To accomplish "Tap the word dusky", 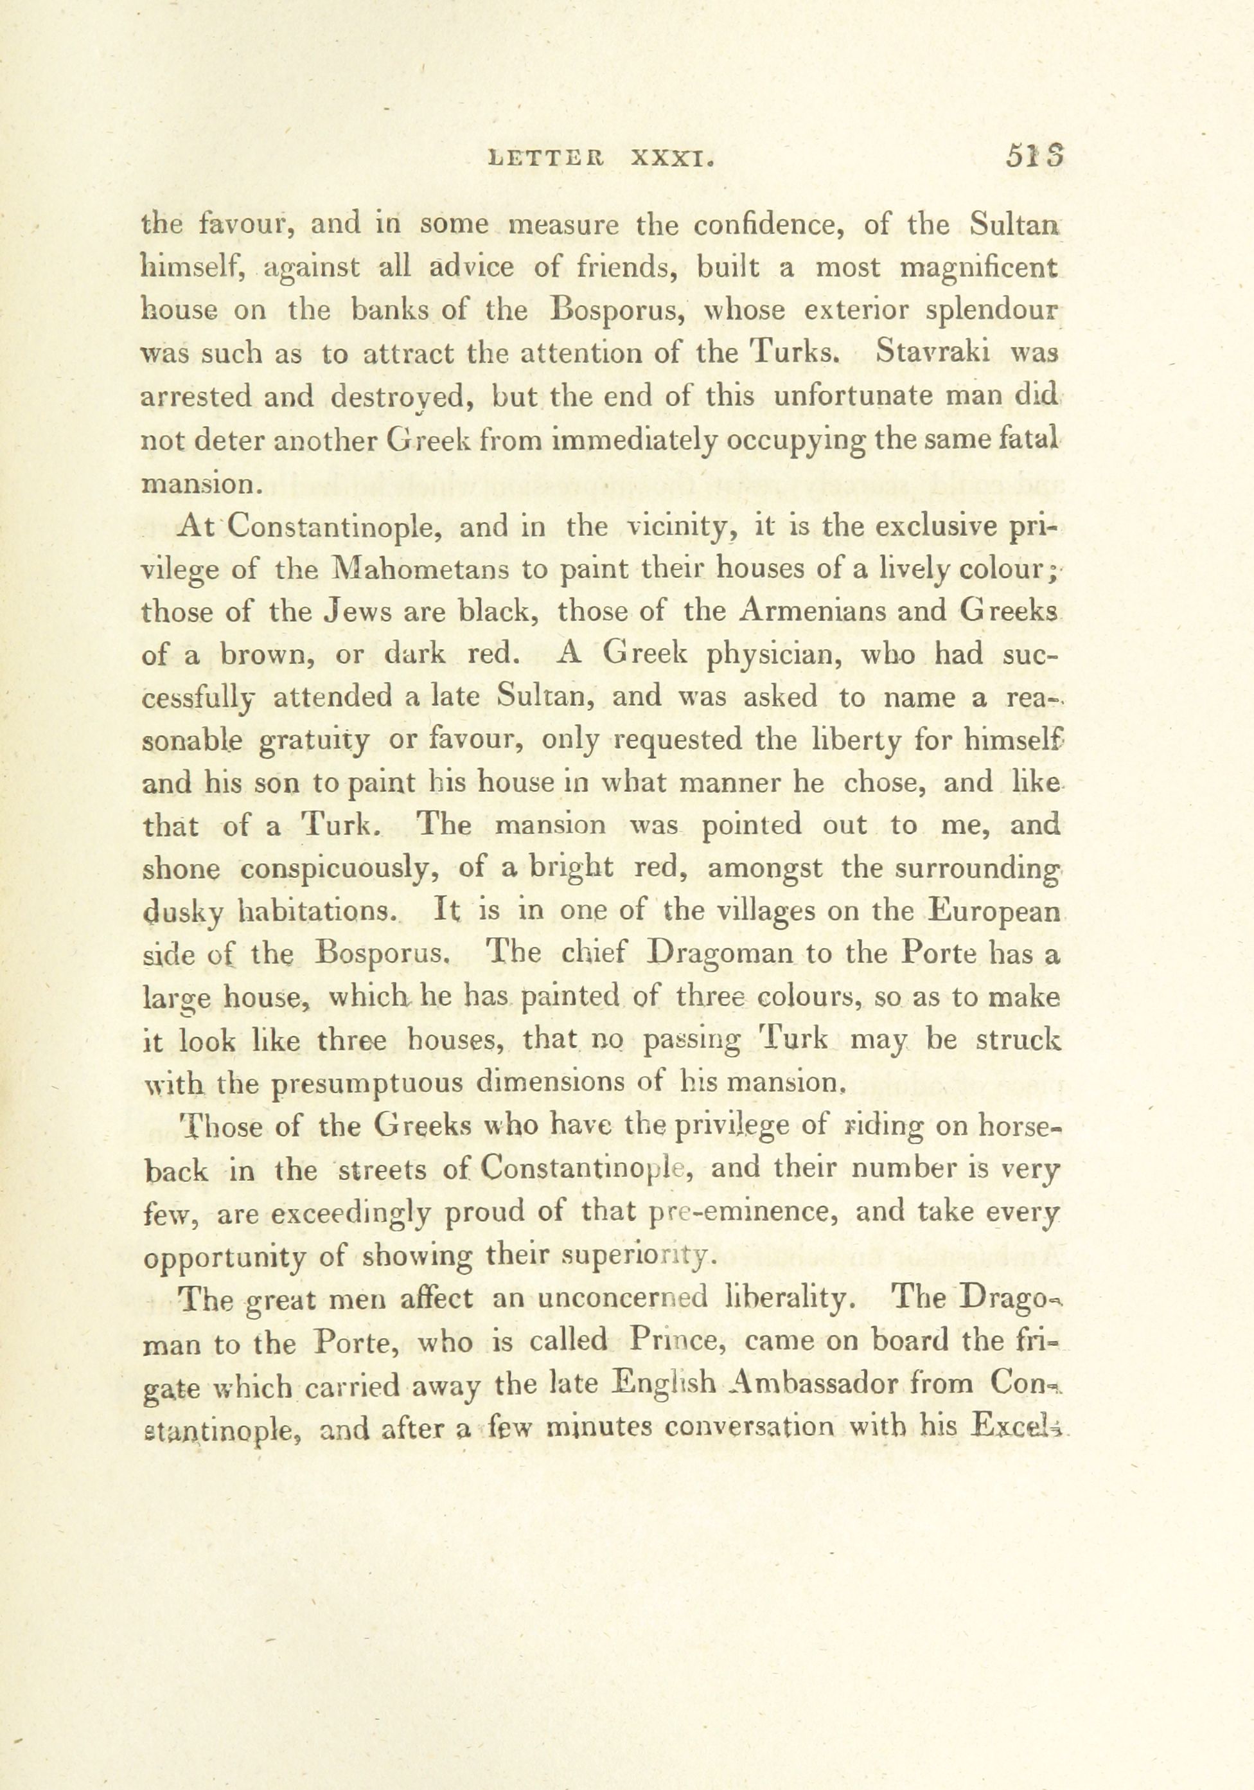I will (x=180, y=913).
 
